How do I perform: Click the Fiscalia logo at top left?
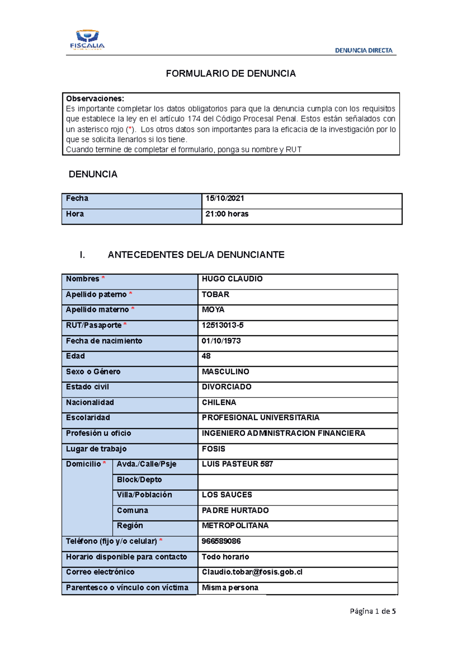tap(87, 40)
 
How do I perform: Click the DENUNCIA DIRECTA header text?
tap(363, 50)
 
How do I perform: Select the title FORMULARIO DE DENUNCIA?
tap(231, 74)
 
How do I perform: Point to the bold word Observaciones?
tap(95, 99)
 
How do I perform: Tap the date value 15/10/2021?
tap(225, 198)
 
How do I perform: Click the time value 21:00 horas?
tap(227, 214)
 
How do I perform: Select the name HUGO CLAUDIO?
tap(232, 279)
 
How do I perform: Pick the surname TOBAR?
tap(216, 294)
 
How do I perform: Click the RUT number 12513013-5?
tap(223, 325)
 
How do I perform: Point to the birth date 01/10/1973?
tap(221, 341)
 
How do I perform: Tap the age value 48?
tap(206, 356)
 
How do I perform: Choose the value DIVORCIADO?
tap(226, 387)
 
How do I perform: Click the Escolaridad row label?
tap(88, 418)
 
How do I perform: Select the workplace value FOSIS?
tap(213, 449)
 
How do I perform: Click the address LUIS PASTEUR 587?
tap(237, 464)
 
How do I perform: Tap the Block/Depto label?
tap(139, 480)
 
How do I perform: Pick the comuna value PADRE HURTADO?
tap(235, 510)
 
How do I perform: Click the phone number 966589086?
tap(221, 541)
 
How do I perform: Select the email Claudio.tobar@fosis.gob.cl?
tap(252, 572)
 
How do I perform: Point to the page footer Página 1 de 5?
tap(373, 611)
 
